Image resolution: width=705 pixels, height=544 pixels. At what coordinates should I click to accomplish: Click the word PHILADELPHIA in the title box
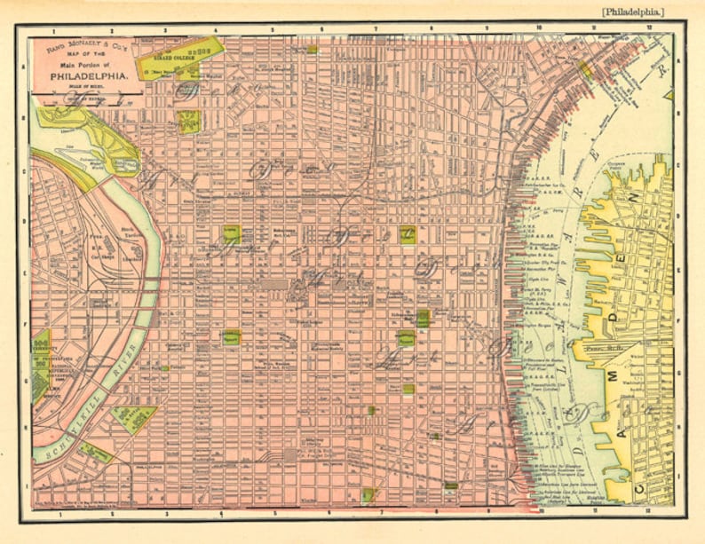point(87,76)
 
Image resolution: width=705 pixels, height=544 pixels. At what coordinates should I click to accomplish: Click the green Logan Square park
point(231,234)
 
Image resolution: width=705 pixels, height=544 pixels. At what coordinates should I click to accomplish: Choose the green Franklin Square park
point(408,234)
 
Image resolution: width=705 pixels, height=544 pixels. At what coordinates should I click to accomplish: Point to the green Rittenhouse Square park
point(231,335)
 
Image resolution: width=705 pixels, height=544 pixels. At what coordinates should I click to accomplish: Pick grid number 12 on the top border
point(651,28)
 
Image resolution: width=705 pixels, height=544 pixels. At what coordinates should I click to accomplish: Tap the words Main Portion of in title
point(87,66)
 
